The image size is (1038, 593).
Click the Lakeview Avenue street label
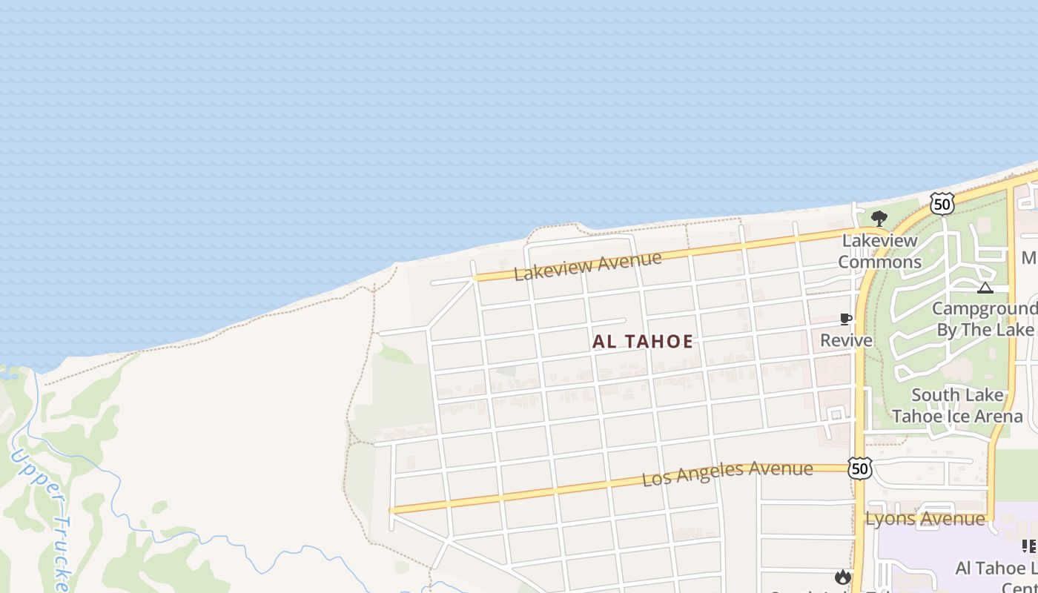[587, 265]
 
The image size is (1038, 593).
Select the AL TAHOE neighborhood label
[643, 342]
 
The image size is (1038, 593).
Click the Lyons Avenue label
[925, 519]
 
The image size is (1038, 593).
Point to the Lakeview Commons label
[880, 251]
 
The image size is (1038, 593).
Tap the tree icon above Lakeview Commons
[879, 218]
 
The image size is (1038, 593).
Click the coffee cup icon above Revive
[845, 319]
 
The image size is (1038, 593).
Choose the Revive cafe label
[846, 340]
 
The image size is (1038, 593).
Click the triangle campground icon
[985, 288]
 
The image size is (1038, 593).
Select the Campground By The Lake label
[985, 319]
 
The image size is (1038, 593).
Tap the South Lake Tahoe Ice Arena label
[957, 405]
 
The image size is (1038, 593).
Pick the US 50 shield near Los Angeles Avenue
[859, 468]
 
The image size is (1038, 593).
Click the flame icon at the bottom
[842, 577]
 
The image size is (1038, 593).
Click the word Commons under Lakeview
[880, 262]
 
